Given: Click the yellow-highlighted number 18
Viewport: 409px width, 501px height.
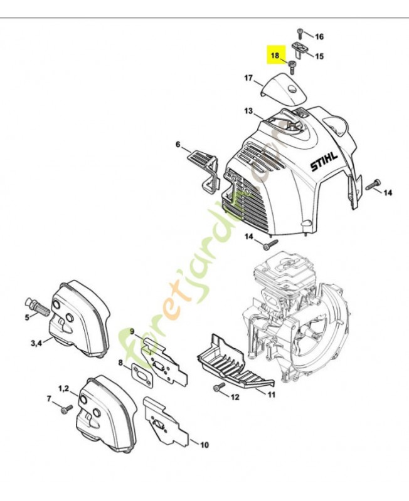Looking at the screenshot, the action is [275, 56].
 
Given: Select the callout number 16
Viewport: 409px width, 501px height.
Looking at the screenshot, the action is [319, 36].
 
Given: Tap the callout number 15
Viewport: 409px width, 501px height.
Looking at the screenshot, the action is [319, 56].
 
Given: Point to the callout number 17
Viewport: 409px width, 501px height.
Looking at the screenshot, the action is [248, 78].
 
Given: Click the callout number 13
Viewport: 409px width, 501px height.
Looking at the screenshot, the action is [248, 111].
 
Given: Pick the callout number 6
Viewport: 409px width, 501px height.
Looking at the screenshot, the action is [178, 145].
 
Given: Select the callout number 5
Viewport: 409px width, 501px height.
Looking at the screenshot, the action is [27, 318].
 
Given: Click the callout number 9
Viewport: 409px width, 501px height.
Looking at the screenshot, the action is [132, 331].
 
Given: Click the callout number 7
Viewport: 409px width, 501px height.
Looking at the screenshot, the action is [50, 398].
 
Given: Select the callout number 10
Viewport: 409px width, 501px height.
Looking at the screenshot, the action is [204, 446].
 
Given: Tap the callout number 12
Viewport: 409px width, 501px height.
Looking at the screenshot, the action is [235, 397].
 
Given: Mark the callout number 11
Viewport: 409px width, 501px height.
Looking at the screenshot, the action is [271, 395].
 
